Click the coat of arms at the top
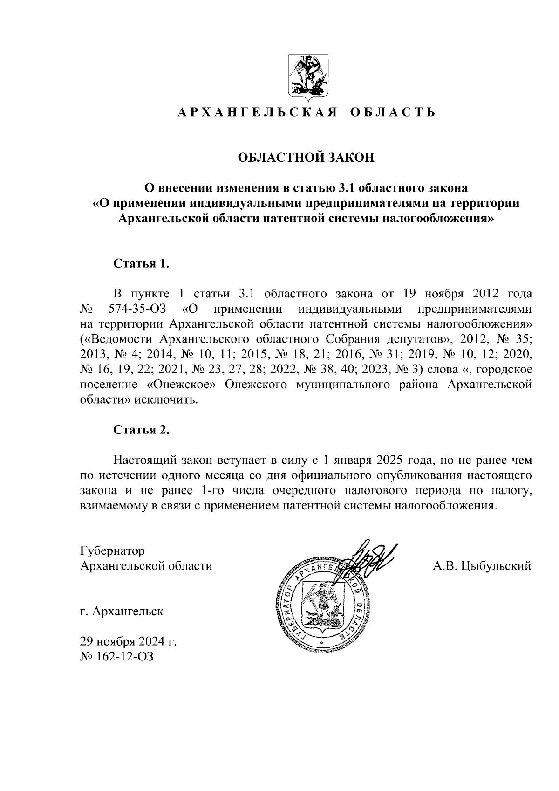(306, 79)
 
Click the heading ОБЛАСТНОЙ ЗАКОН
(306, 158)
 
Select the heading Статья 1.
(141, 263)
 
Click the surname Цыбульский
(495, 566)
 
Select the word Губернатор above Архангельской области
(112, 550)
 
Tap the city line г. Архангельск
(122, 611)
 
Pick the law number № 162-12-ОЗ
(116, 657)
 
